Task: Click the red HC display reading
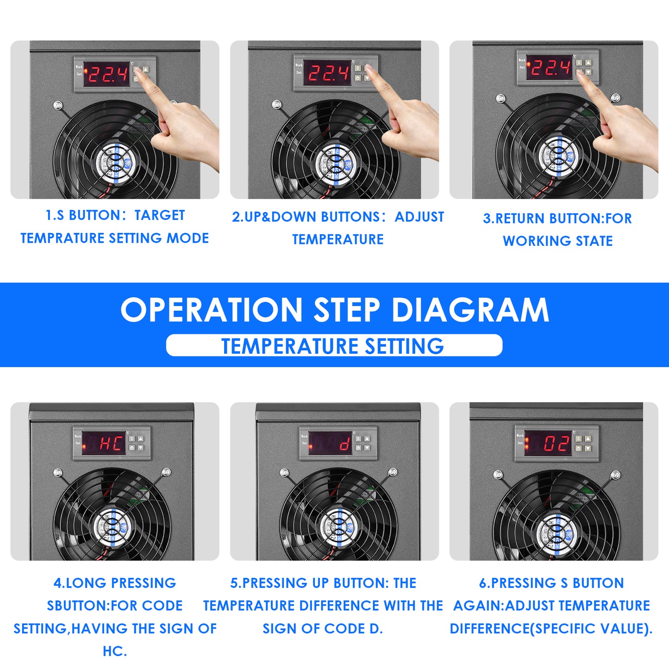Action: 111,443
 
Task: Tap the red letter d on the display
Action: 344,444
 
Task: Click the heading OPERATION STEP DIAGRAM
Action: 334,310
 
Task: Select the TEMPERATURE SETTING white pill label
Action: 334,346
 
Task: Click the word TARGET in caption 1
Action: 159,215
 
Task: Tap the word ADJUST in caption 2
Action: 419,217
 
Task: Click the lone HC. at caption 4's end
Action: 114,651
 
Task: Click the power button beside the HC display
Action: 132,448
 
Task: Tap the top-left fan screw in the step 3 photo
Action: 500,99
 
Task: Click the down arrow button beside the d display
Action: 367,448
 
